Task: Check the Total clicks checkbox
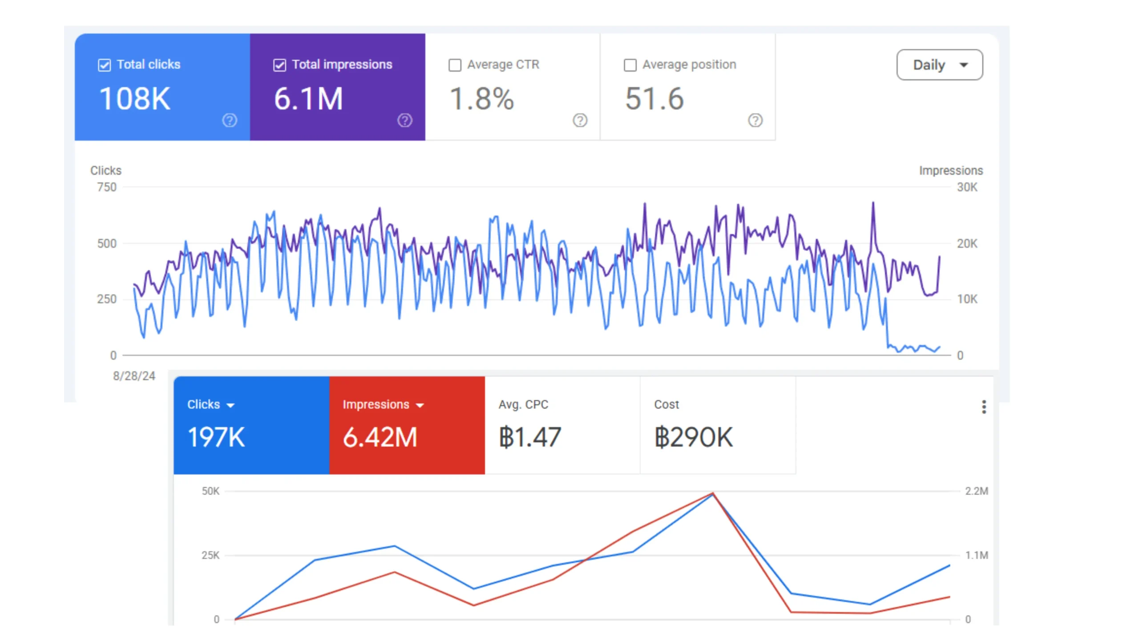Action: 104,65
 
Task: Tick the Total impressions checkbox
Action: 279,65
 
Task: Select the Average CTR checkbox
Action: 455,65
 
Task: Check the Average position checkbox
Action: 630,65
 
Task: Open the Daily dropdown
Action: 939,65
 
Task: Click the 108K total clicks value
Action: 135,99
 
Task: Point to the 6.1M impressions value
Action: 308,99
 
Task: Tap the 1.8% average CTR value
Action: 482,99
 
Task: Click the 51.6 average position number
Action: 654,99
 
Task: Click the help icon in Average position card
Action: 755,120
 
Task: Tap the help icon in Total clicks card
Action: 230,120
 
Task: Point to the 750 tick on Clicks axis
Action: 107,187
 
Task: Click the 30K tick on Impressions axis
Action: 967,187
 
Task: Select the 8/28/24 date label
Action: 134,376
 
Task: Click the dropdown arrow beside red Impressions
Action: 420,405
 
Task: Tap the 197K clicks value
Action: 216,437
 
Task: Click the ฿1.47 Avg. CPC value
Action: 530,437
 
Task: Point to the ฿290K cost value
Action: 693,437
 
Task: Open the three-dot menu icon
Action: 984,407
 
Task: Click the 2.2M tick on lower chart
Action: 976,491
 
